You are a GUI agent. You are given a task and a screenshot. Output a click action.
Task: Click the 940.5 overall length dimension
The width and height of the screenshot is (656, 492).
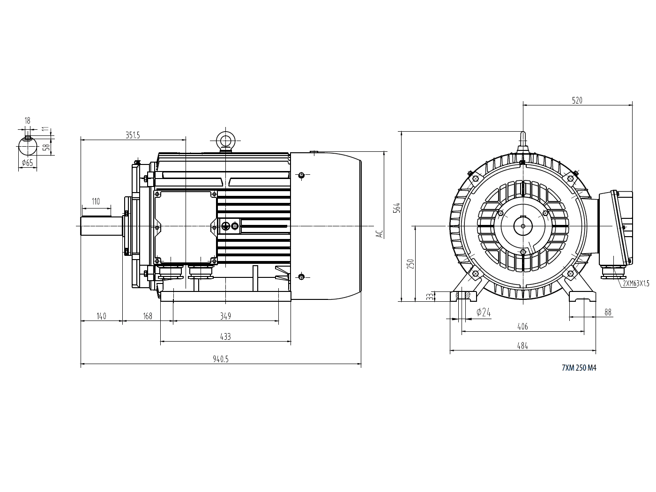pyautogui.click(x=220, y=359)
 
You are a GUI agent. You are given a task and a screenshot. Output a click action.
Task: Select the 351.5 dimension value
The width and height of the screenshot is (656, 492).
pyautogui.click(x=133, y=135)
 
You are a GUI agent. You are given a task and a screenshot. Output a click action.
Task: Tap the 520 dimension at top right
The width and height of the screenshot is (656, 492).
pyautogui.click(x=577, y=100)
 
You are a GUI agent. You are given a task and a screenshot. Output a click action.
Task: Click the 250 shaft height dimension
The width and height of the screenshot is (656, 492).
pyautogui.click(x=410, y=264)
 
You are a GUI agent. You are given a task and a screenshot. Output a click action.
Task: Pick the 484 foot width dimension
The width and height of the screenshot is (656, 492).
pyautogui.click(x=522, y=346)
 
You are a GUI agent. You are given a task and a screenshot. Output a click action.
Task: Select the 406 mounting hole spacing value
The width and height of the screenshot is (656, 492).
pyautogui.click(x=522, y=327)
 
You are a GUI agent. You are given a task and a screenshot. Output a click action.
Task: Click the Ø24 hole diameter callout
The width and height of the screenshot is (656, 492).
pyautogui.click(x=483, y=312)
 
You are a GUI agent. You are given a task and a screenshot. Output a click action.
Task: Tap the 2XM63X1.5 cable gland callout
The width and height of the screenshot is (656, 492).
pyautogui.click(x=636, y=283)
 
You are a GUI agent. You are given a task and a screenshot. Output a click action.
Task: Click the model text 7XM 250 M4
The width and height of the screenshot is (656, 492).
pyautogui.click(x=579, y=368)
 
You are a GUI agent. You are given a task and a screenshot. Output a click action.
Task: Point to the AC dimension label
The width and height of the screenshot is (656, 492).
pyautogui.click(x=380, y=233)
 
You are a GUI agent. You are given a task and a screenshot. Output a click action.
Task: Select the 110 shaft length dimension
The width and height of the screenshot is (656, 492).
pyautogui.click(x=96, y=201)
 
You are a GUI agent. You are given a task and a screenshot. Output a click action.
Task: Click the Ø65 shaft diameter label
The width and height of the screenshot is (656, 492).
pyautogui.click(x=28, y=163)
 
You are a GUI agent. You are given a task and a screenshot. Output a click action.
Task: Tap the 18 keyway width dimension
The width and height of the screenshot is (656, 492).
pyautogui.click(x=27, y=121)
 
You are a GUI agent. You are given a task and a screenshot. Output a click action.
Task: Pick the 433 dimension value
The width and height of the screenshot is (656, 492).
pyautogui.click(x=225, y=336)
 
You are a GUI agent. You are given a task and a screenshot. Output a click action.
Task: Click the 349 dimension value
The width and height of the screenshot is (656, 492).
pyautogui.click(x=225, y=316)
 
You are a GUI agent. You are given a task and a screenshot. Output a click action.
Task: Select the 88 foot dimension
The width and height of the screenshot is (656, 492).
pyautogui.click(x=608, y=312)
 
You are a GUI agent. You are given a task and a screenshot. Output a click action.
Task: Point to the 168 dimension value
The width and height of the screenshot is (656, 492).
pyautogui.click(x=148, y=316)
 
